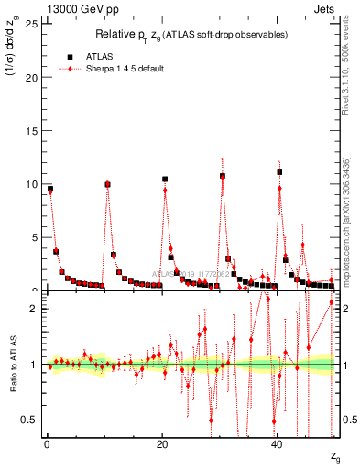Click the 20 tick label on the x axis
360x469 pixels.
[162, 444]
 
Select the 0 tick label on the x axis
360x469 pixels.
[47, 444]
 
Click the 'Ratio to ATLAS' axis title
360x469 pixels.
[12, 364]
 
